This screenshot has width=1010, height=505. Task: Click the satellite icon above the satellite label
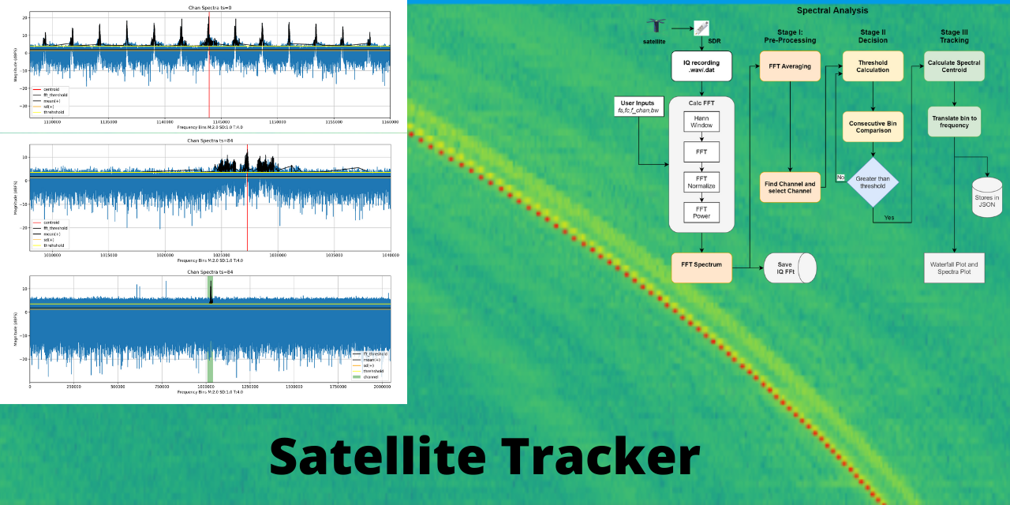click(x=655, y=27)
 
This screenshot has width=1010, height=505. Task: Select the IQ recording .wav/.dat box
click(x=701, y=66)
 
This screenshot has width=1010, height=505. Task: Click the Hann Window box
click(x=701, y=121)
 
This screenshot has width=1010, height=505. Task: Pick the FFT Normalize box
click(x=701, y=182)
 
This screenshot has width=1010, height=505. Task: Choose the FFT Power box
click(x=701, y=211)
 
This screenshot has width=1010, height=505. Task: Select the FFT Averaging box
click(x=790, y=66)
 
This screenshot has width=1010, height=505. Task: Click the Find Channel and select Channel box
click(x=790, y=187)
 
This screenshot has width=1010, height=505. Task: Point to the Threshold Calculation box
click(x=872, y=66)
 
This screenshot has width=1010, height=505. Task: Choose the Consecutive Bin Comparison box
click(x=872, y=126)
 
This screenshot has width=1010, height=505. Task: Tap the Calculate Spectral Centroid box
click(x=955, y=66)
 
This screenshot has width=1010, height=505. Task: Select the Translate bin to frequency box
click(x=955, y=122)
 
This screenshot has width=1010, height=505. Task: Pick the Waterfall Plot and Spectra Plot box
click(x=955, y=268)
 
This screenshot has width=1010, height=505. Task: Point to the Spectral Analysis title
click(x=832, y=10)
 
